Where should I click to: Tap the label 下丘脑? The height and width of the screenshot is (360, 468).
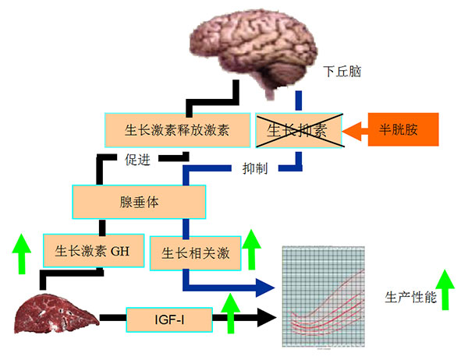(x=342, y=72)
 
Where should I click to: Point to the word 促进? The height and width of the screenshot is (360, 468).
(x=139, y=159)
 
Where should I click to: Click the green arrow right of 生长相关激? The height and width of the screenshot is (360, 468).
(x=250, y=249)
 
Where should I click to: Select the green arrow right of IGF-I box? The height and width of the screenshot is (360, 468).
(x=232, y=312)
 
